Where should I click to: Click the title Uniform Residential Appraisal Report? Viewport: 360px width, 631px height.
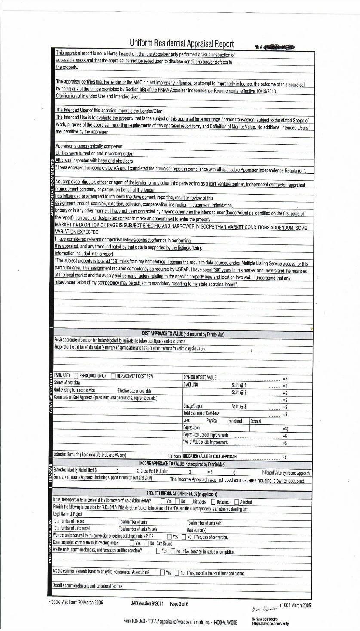182,44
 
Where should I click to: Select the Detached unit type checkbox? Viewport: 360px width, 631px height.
214,502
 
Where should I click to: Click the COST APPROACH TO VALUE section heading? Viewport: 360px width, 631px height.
183,334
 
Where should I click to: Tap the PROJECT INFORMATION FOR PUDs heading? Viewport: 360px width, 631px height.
182,494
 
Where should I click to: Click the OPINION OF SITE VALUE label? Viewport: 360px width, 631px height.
200,377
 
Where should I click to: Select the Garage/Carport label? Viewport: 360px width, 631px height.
193,406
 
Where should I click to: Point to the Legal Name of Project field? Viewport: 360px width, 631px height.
68,514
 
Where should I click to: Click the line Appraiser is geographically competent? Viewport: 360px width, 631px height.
89,146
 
